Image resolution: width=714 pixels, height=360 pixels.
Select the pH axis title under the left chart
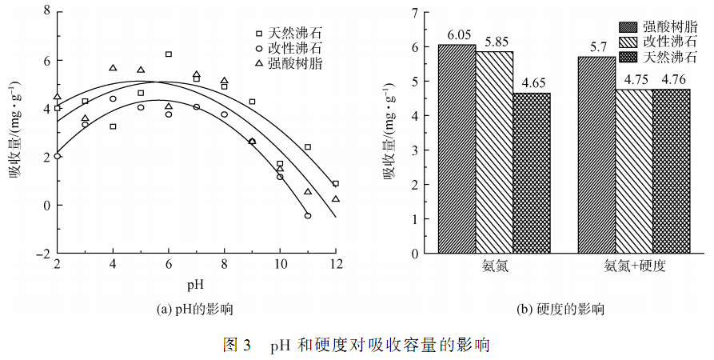(x=196, y=283)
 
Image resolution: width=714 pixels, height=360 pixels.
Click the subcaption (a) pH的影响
(x=196, y=308)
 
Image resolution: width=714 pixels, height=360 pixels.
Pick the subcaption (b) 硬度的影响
(x=560, y=308)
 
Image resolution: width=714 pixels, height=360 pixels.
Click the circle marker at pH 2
(x=58, y=156)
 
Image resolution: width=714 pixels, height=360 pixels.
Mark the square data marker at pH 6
(x=169, y=54)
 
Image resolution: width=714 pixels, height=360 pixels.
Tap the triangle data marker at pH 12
(x=336, y=199)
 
